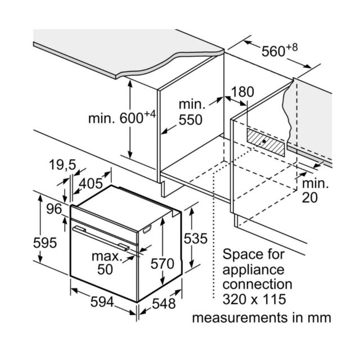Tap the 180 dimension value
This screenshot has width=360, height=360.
tap(242, 92)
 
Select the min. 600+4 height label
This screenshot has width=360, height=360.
tap(122, 118)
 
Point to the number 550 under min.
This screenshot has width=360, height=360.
tap(190, 120)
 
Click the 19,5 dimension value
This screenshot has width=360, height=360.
tap(62, 165)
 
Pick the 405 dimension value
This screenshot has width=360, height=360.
tap(91, 183)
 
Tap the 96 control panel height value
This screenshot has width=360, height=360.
tap(54, 209)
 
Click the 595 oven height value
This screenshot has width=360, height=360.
tap(45, 242)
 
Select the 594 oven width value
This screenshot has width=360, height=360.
tap(102, 301)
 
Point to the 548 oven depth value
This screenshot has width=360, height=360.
tap(164, 304)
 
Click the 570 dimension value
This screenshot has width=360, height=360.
tap(163, 263)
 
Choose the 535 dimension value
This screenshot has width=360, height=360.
tap(196, 238)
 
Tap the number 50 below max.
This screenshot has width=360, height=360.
tap(105, 269)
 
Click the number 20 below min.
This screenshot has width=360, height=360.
tap(310, 197)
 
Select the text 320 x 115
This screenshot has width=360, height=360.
tap(254, 299)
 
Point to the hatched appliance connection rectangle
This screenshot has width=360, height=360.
tap(266, 142)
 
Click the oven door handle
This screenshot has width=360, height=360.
tap(101, 238)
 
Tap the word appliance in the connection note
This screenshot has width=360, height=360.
tap(253, 270)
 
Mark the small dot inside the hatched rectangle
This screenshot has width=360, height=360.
tap(264, 141)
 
